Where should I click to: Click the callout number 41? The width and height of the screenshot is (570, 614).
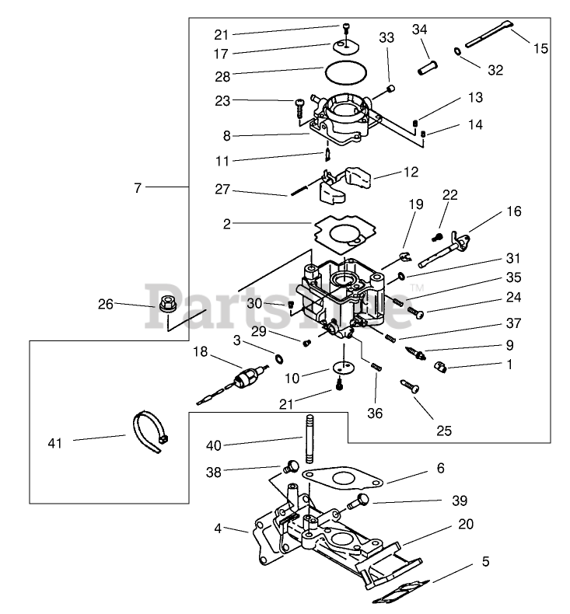click(54, 442)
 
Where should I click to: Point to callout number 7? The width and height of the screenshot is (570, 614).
click(138, 187)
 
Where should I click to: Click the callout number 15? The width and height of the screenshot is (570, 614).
click(540, 48)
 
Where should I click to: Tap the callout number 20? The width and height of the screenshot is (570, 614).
click(465, 524)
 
